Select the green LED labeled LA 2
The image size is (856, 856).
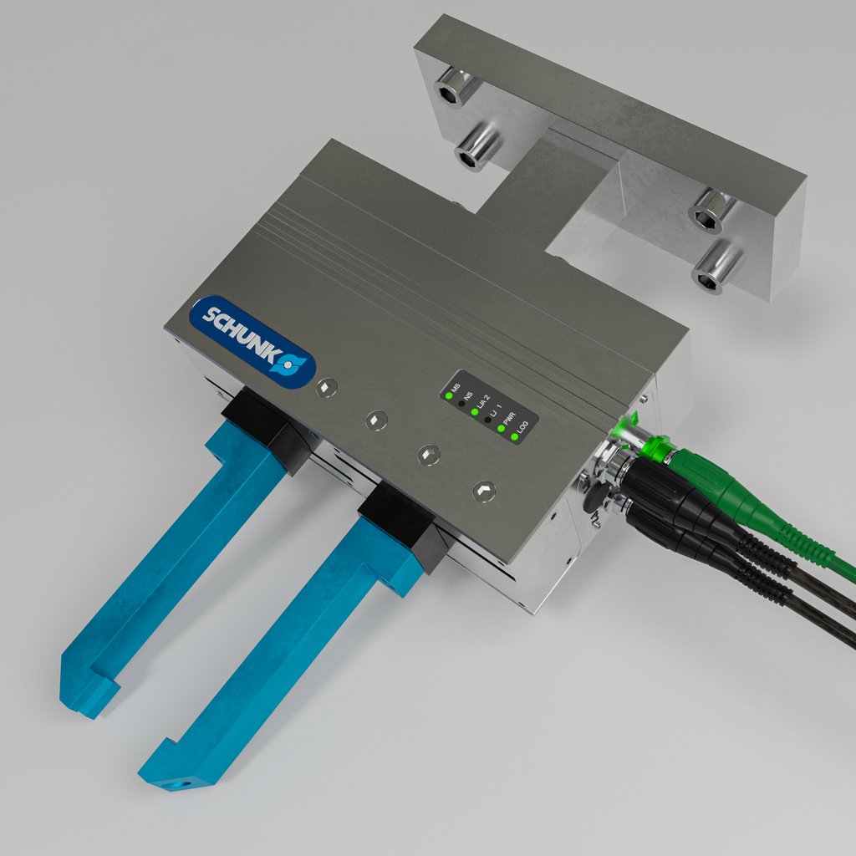[x=475, y=412]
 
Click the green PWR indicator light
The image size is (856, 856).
[x=502, y=429]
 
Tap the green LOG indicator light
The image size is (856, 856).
[x=515, y=437]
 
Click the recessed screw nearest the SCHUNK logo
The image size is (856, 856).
[x=327, y=387]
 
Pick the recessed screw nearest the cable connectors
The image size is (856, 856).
[x=483, y=491]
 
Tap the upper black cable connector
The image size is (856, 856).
[x=669, y=493]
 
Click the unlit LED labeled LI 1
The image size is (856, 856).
[x=488, y=420]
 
